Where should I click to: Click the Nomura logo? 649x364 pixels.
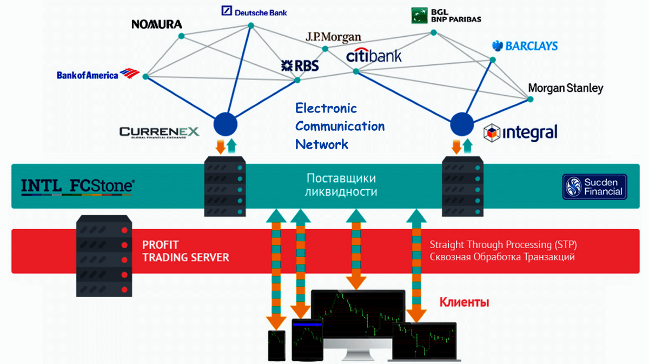click(157, 24)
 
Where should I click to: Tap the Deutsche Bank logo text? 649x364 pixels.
click(254, 11)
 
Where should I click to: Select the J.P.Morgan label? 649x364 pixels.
click(333, 37)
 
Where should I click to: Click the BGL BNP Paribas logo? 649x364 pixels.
click(446, 15)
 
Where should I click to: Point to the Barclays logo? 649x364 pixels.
click(525, 46)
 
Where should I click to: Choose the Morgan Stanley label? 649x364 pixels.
click(565, 88)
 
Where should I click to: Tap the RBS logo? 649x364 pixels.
click(300, 66)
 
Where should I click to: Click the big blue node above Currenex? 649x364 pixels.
click(225, 125)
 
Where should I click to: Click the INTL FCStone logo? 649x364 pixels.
click(77, 186)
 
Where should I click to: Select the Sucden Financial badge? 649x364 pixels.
click(594, 187)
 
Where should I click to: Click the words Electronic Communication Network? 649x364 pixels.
click(340, 126)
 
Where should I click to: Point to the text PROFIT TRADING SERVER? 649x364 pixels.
click(186, 252)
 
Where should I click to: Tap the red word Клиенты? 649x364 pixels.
click(464, 302)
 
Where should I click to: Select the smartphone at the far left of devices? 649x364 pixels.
click(277, 345)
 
